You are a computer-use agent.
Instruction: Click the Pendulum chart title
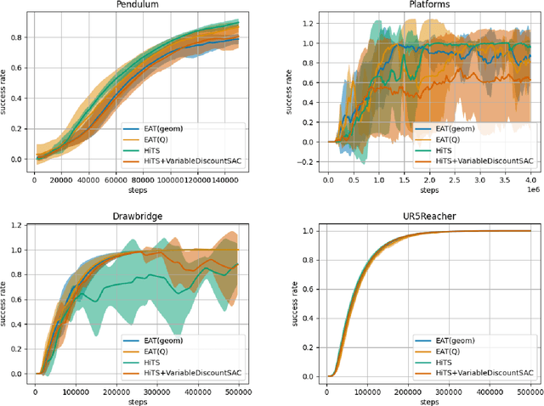(138, 5)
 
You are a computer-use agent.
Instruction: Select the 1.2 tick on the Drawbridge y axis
(15, 226)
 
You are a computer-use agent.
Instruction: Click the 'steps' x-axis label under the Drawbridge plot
(138, 402)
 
